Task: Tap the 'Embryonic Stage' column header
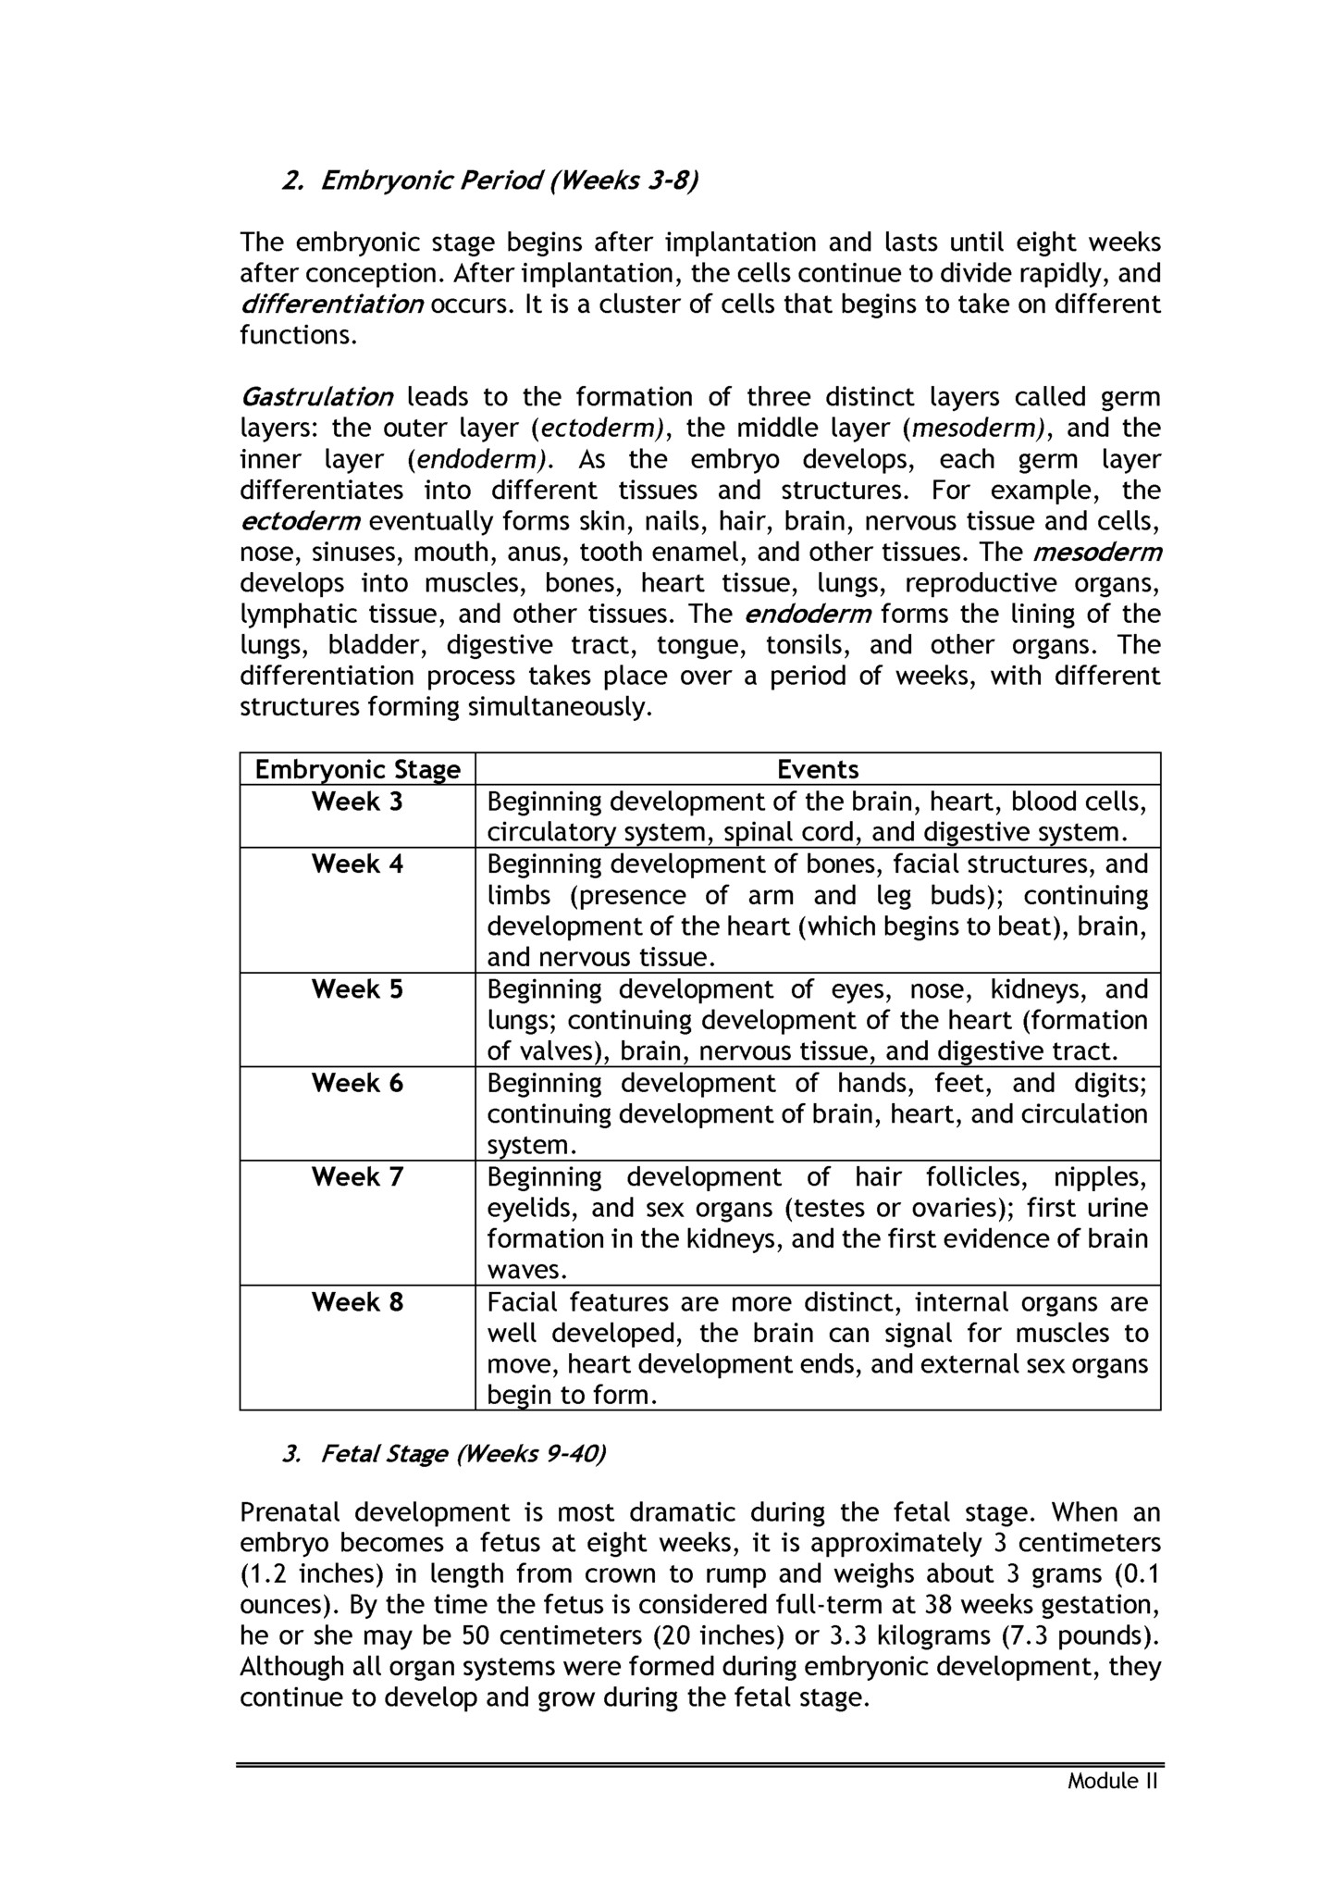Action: (x=357, y=770)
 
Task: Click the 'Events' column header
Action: (x=818, y=770)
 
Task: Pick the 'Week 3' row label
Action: (x=357, y=802)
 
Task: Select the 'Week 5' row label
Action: (x=357, y=989)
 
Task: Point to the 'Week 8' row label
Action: (x=357, y=1302)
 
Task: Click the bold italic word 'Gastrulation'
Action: (x=316, y=398)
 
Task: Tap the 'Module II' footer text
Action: (x=1113, y=1781)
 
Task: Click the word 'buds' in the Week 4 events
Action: (x=972, y=896)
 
